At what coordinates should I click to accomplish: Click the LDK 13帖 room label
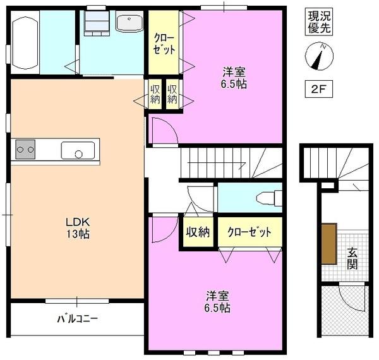click(78, 228)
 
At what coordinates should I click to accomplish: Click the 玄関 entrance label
click(352, 258)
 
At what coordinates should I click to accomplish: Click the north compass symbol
click(318, 57)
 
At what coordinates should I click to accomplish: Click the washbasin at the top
click(129, 24)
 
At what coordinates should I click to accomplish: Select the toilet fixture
click(268, 199)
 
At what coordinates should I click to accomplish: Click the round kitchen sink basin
click(78, 153)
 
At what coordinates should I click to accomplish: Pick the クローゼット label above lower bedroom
click(250, 232)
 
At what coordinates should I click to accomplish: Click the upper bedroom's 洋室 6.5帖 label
click(234, 78)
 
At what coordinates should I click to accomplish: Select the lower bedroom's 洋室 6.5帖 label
click(217, 302)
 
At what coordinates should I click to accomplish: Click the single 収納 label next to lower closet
click(197, 232)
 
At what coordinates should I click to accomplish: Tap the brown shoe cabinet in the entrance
click(328, 243)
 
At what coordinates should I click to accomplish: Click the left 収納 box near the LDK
click(155, 93)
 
